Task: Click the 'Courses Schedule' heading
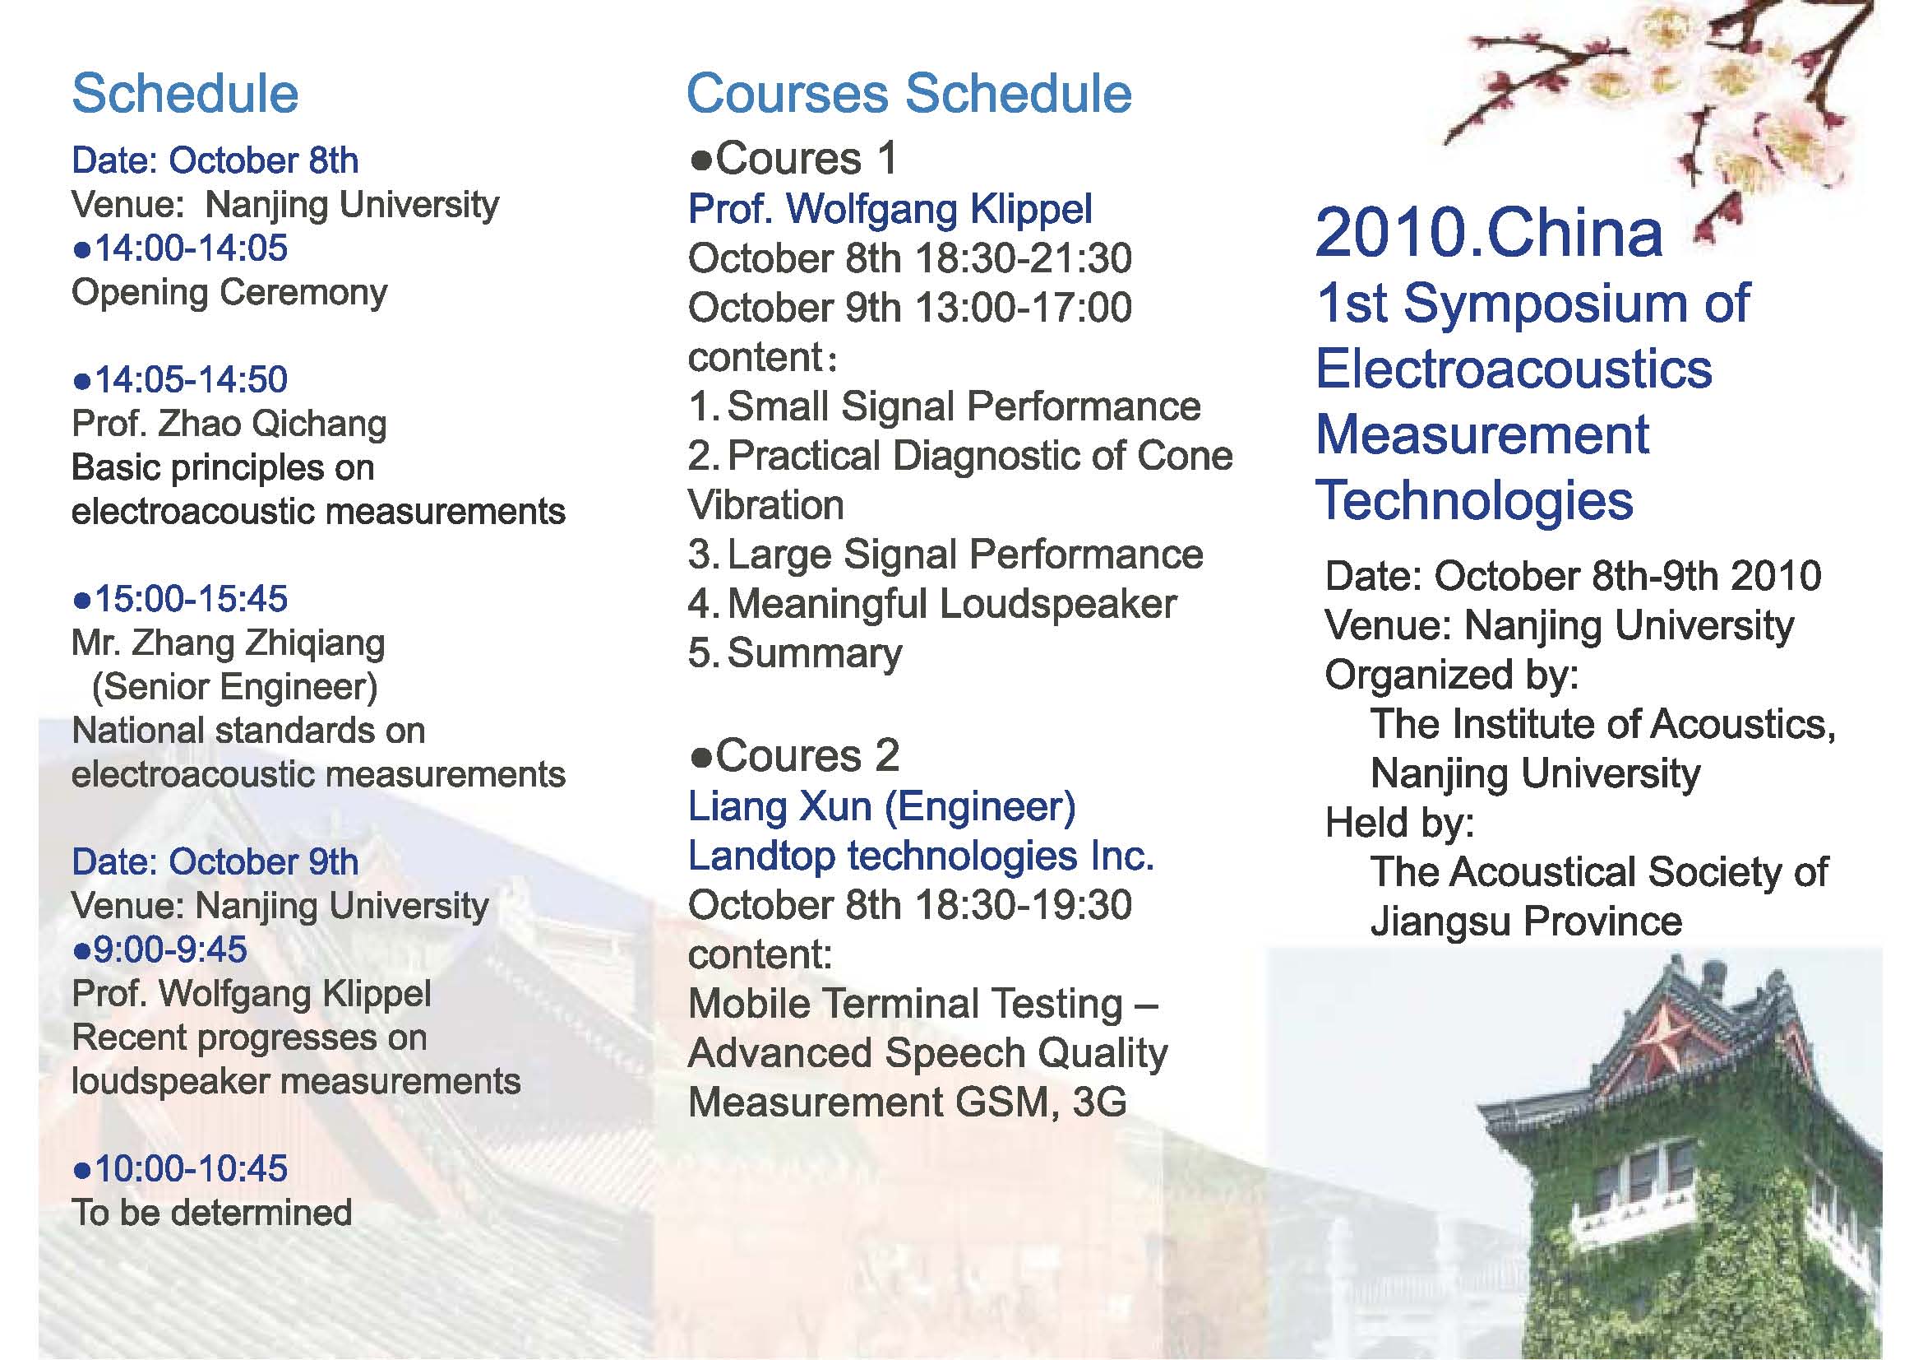tap(908, 93)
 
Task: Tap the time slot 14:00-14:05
tap(181, 248)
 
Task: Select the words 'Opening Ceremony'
tap(229, 293)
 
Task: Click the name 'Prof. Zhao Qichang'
tap(229, 424)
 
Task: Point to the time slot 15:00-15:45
tap(181, 599)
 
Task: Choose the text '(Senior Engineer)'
tap(235, 687)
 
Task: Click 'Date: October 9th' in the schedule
tap(215, 862)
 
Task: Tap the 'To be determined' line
tap(212, 1214)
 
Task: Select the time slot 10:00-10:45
tap(181, 1169)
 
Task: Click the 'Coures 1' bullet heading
tap(794, 158)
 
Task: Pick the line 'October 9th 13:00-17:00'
tap(909, 308)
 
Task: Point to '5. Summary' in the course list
tap(796, 653)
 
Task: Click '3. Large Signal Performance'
tap(945, 555)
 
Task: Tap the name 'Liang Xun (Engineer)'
tap(882, 807)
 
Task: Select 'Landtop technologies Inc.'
tap(922, 856)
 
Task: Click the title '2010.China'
tap(1489, 232)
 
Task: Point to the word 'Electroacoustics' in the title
tap(1514, 369)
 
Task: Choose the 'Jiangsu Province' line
tap(1526, 921)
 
